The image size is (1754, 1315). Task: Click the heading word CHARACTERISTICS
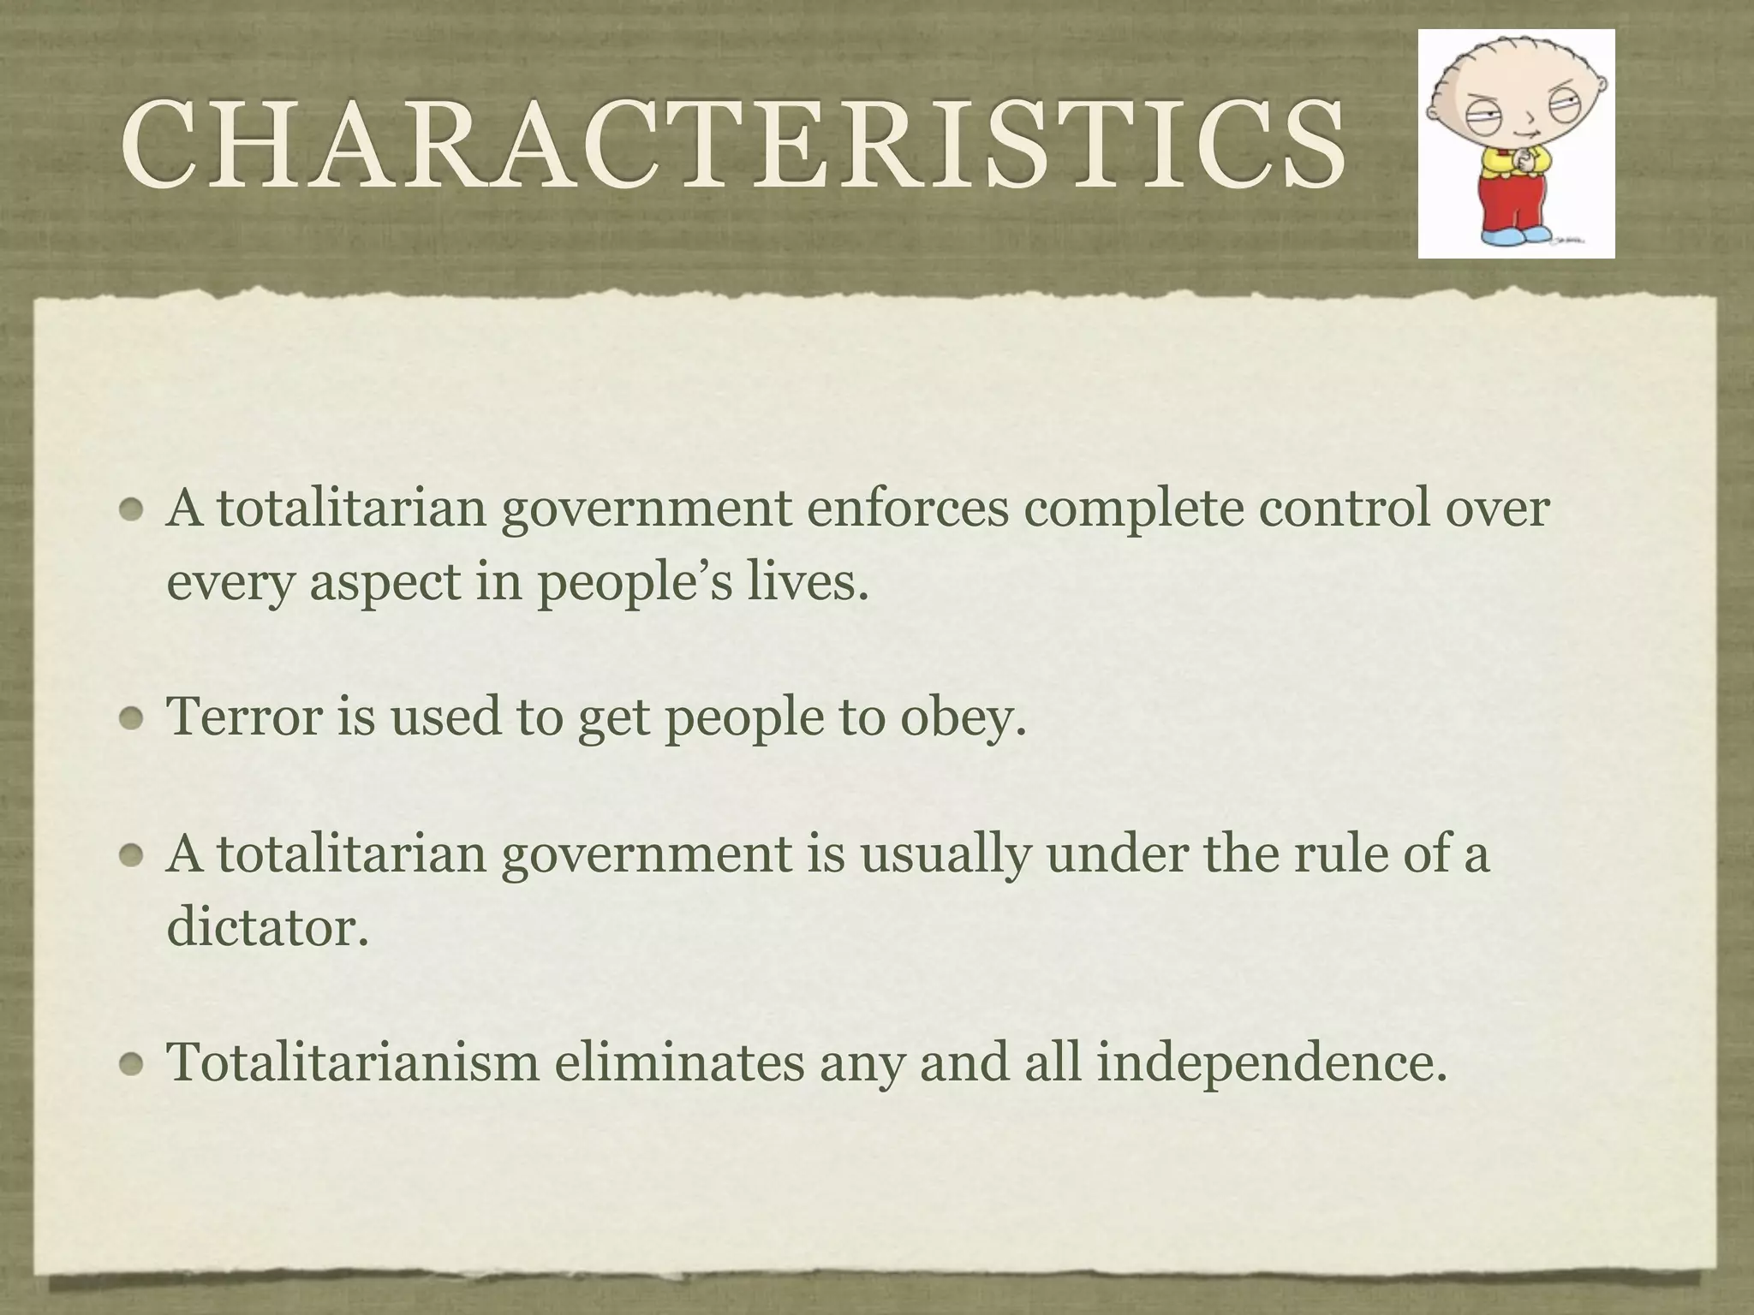click(x=732, y=143)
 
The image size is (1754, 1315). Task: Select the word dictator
click(x=266, y=925)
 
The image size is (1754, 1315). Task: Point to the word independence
click(x=1272, y=1063)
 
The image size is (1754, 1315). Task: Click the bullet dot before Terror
click(x=131, y=720)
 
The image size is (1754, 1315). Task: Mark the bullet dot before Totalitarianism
click(x=131, y=1066)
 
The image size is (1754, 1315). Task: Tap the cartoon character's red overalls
click(x=1517, y=197)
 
